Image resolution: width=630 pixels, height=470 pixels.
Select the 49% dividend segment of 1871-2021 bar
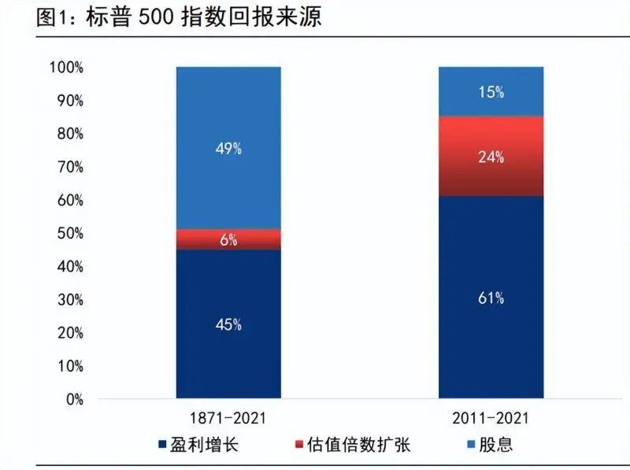pos(228,148)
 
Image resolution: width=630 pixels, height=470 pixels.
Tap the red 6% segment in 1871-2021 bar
pos(228,240)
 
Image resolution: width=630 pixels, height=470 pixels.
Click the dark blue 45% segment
pos(228,324)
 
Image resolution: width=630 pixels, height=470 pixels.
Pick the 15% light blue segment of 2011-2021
pos(491,91)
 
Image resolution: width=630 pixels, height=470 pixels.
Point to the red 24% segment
pos(491,156)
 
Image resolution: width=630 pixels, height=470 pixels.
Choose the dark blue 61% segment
pos(491,298)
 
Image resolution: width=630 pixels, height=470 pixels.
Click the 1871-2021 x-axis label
pos(228,417)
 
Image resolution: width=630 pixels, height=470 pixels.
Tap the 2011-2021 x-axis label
pos(491,417)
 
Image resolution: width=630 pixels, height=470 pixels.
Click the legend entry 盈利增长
pos(206,444)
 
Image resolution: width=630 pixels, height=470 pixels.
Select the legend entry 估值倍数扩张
pos(359,444)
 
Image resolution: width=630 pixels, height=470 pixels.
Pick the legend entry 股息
pos(496,444)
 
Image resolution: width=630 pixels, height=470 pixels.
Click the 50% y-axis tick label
pos(69,234)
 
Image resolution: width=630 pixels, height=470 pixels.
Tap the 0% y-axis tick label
pos(72,399)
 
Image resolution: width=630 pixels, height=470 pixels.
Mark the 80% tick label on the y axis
pos(69,134)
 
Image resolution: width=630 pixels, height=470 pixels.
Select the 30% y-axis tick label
pos(69,300)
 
